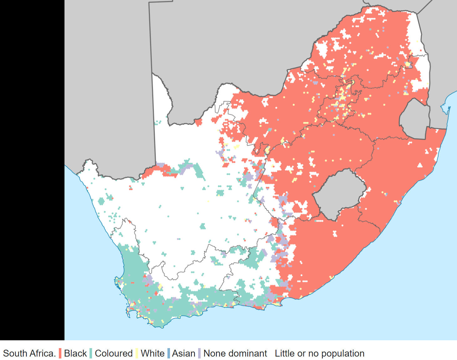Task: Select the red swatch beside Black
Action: (x=60, y=353)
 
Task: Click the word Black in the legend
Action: (x=75, y=353)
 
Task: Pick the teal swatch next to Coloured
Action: (x=91, y=353)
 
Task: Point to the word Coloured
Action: (x=114, y=353)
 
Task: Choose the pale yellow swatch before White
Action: (x=137, y=353)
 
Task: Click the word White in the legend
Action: (x=152, y=353)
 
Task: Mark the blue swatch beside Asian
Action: (x=169, y=353)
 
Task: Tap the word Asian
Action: (x=183, y=353)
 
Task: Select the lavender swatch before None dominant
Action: (x=199, y=353)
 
